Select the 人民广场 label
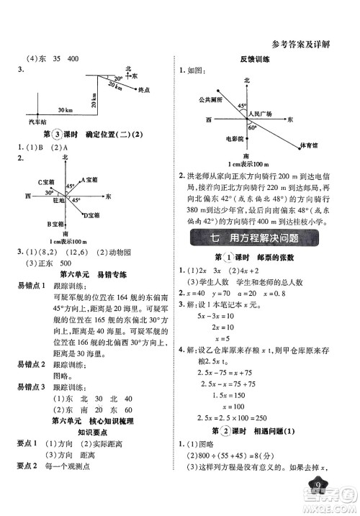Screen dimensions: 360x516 (x=261, y=114)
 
